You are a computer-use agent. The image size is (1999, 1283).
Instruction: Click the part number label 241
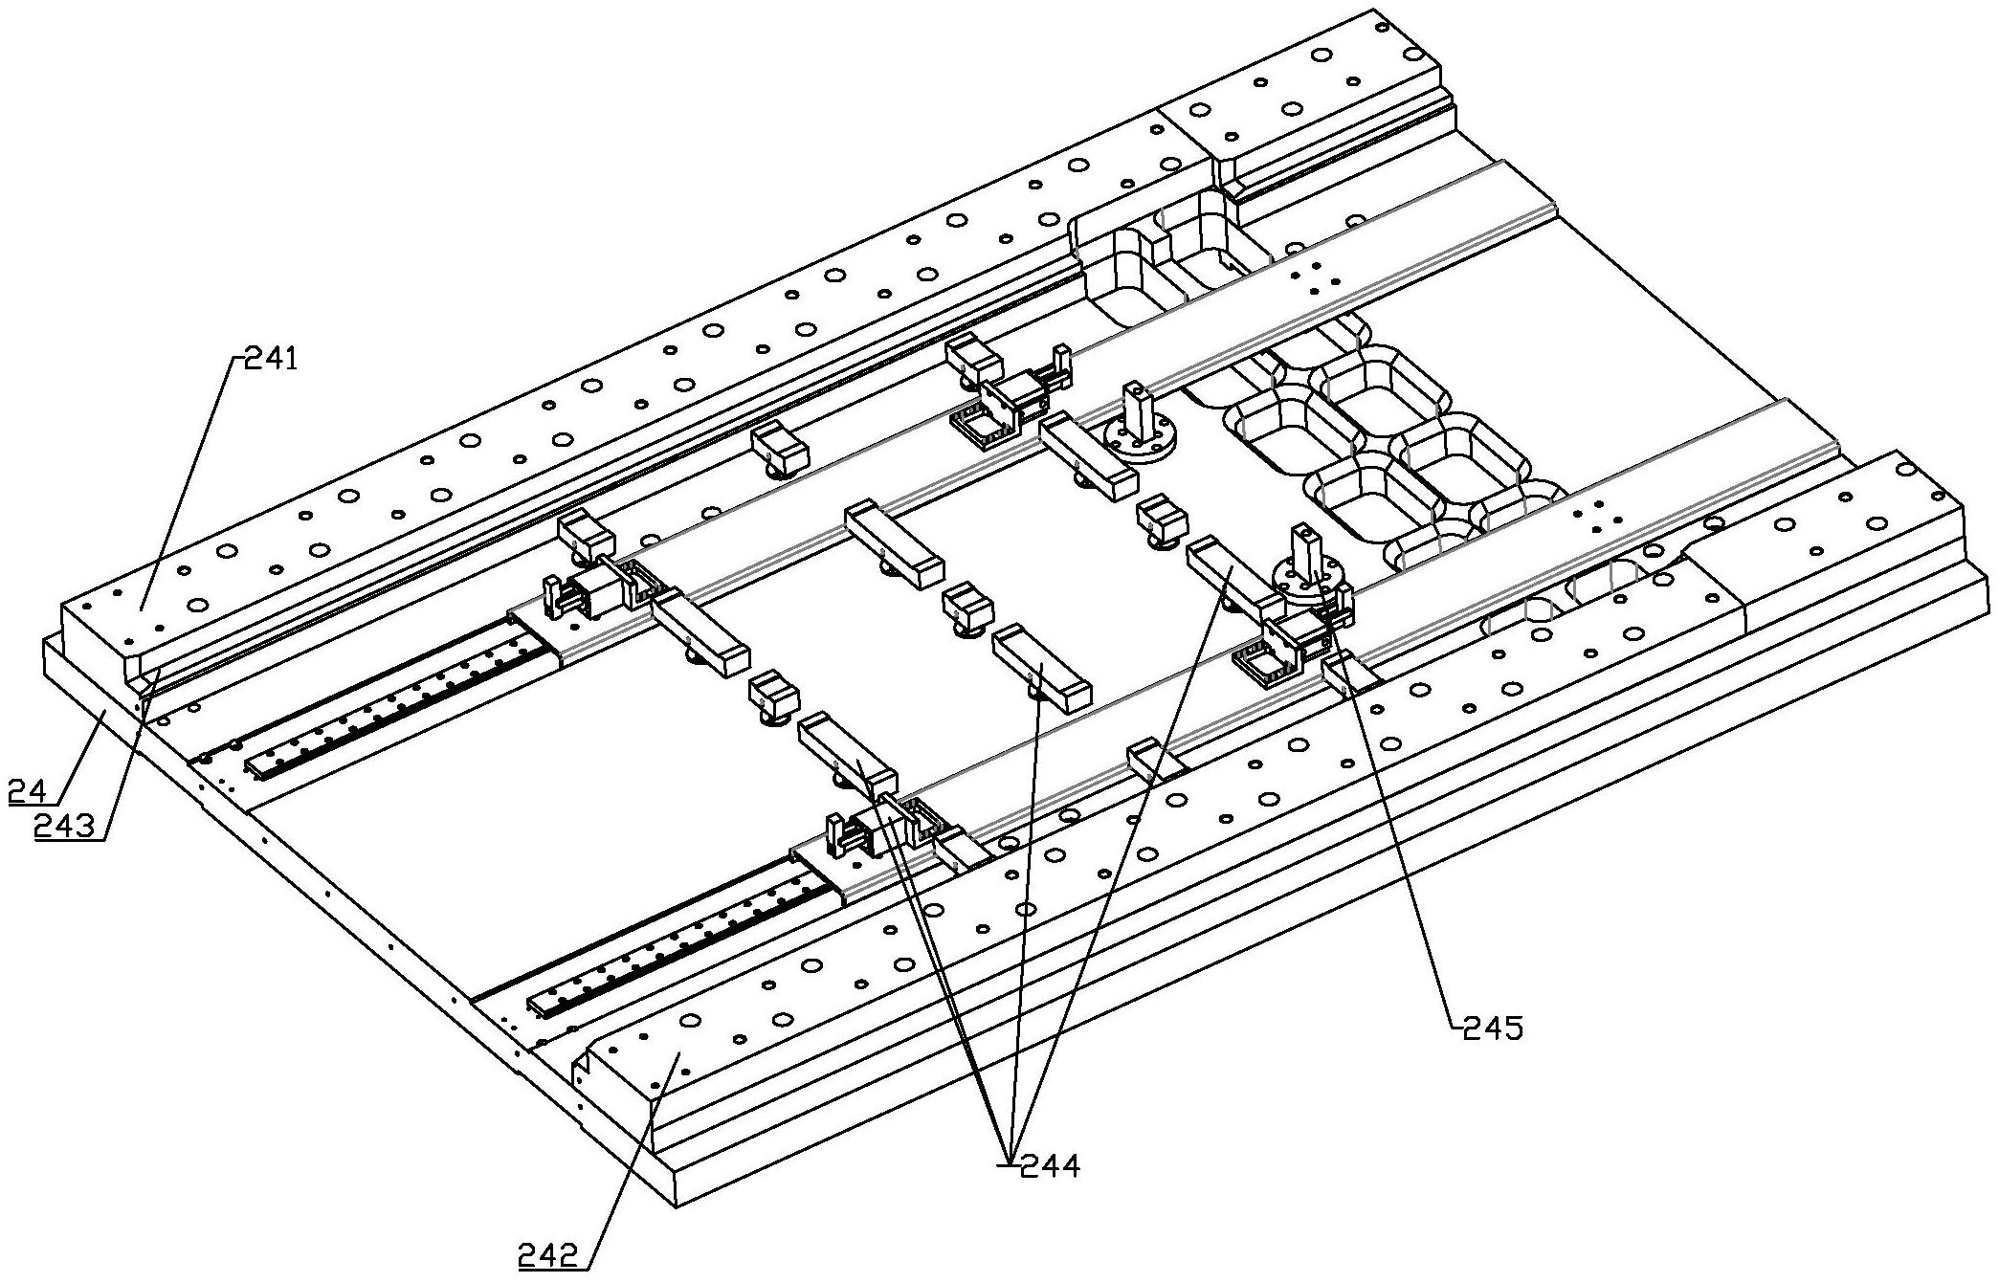[272, 360]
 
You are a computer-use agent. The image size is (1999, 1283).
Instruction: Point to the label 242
[549, 1254]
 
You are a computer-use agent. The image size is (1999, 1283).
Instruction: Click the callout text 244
[1050, 1165]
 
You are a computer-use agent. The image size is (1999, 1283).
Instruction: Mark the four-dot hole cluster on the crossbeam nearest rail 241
[1316, 279]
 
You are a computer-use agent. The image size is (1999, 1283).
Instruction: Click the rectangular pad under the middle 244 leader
[1040, 670]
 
